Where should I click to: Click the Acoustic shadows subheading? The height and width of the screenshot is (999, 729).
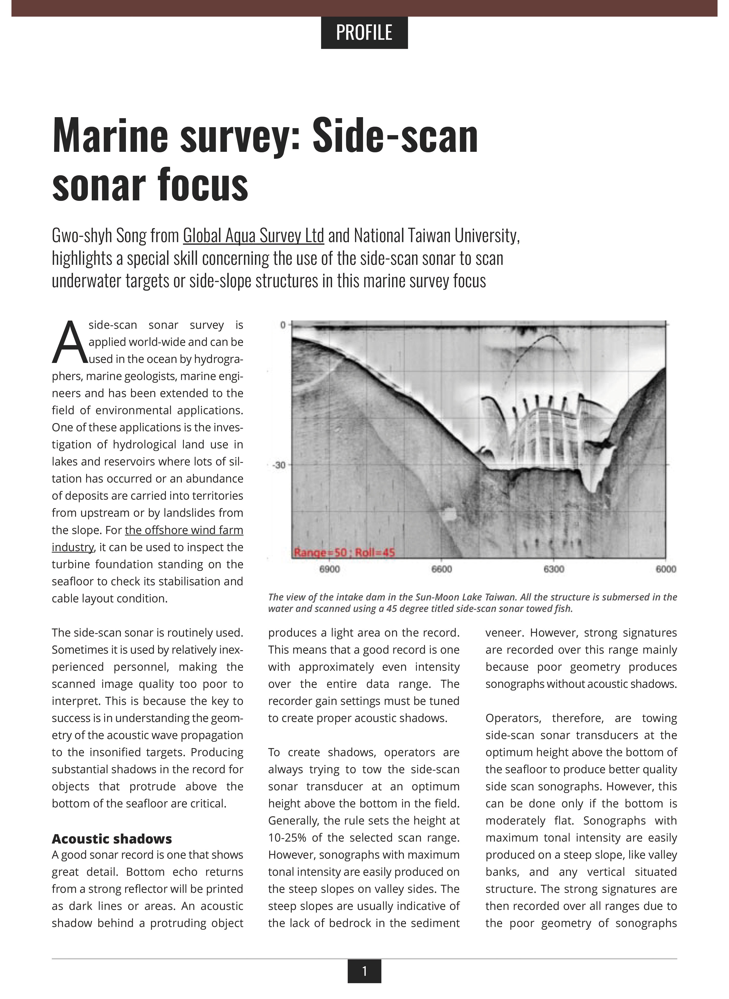click(x=112, y=838)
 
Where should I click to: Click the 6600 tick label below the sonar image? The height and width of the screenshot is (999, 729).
click(x=442, y=569)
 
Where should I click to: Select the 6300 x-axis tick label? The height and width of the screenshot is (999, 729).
click(x=554, y=569)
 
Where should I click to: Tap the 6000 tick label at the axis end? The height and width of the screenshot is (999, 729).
click(x=666, y=569)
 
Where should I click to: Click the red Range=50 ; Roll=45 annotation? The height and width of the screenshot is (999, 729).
click(x=344, y=552)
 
